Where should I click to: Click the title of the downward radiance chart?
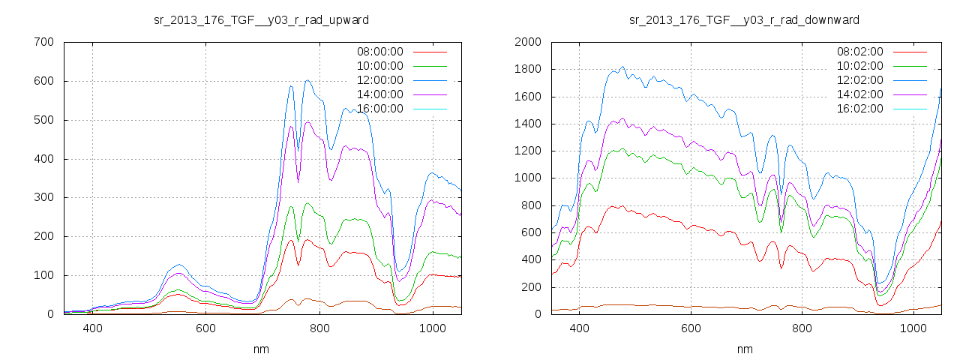click(x=744, y=19)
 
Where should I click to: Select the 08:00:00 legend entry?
click(x=380, y=52)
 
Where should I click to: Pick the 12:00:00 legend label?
click(x=380, y=80)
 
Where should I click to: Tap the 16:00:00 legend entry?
click(x=380, y=109)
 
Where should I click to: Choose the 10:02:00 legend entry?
click(x=860, y=66)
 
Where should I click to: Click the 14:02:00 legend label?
click(x=860, y=94)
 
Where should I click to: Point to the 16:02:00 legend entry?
click(x=860, y=109)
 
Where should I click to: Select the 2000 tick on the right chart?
click(x=528, y=42)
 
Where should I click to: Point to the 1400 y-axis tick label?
click(x=528, y=124)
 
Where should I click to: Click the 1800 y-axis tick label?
click(x=528, y=69)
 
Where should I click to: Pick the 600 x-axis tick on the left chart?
click(x=206, y=328)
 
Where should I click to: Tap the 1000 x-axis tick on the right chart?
click(x=914, y=328)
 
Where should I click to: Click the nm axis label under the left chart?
click(x=261, y=349)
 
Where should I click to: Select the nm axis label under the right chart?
click(x=744, y=349)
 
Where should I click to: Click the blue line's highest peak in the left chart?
click(x=307, y=80)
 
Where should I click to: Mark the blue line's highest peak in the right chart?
click(x=622, y=66)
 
